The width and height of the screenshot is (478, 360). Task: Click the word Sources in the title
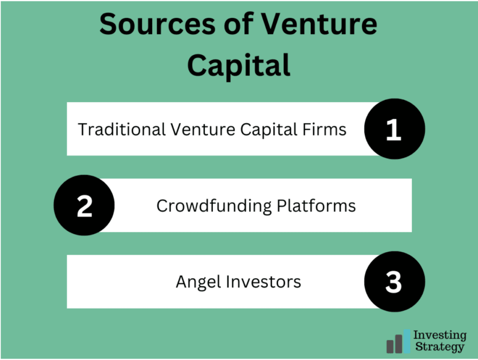coord(158,24)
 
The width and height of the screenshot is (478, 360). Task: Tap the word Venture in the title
coord(319,24)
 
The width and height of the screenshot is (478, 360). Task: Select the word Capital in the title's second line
coord(239,65)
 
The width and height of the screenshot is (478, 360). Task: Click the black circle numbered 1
coord(394,128)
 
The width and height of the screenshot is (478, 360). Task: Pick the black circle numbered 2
coord(84,205)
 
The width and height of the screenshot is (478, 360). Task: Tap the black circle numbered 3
coord(394,282)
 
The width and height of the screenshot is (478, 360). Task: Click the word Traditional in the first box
coord(122,129)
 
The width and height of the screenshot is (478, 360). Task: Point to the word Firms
coord(324,129)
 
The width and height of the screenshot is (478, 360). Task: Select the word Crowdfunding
coord(214,206)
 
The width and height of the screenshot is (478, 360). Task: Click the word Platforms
coord(316,206)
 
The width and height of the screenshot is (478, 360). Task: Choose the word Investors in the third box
coord(263,282)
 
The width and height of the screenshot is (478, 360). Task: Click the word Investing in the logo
coord(440,335)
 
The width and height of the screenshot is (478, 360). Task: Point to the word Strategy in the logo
coord(440,347)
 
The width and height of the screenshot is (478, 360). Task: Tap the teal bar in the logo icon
coord(407,341)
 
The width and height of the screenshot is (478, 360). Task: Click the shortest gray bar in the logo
coord(390,346)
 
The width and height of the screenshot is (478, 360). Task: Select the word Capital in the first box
coord(268,130)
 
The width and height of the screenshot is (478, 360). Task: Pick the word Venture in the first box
coord(203,129)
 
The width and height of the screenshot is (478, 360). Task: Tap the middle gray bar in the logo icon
coord(399,344)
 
